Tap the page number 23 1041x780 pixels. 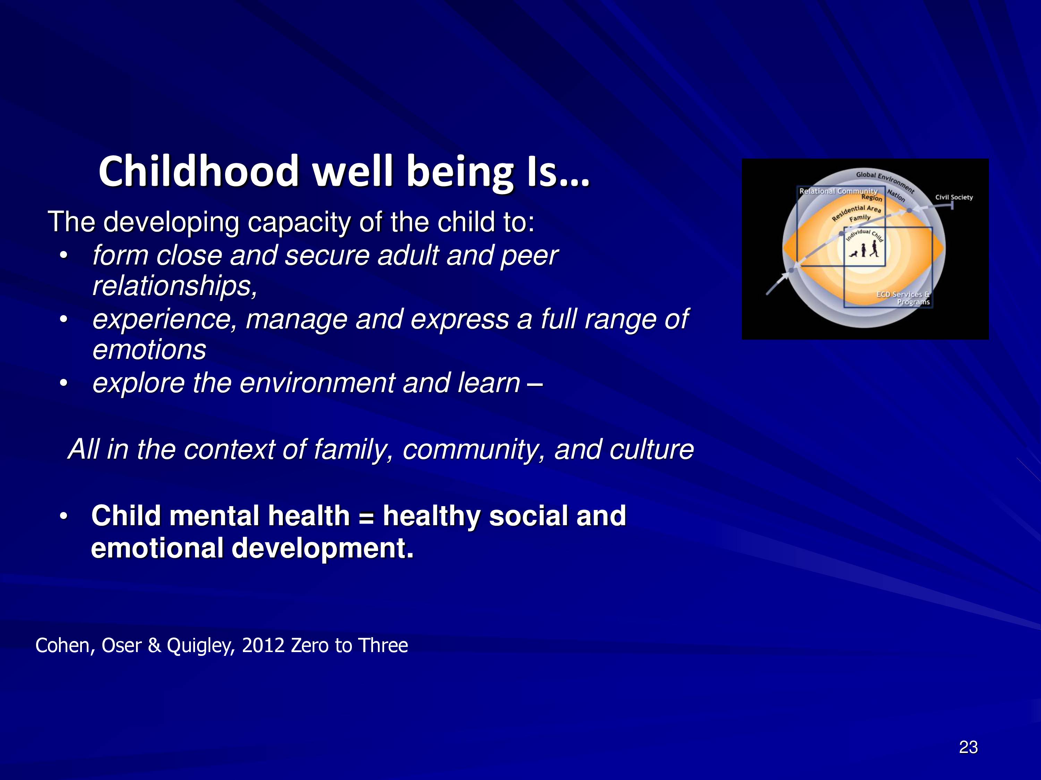pos(968,747)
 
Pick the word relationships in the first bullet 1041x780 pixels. pos(175,286)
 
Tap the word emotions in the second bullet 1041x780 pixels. pos(149,350)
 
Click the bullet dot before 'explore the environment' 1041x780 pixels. pos(64,383)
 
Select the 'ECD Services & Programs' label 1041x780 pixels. pos(903,298)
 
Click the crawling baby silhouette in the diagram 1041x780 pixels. pos(853,254)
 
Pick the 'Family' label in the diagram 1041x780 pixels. pos(860,218)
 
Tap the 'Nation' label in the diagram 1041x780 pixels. pos(896,195)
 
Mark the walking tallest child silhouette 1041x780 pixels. pos(874,249)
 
